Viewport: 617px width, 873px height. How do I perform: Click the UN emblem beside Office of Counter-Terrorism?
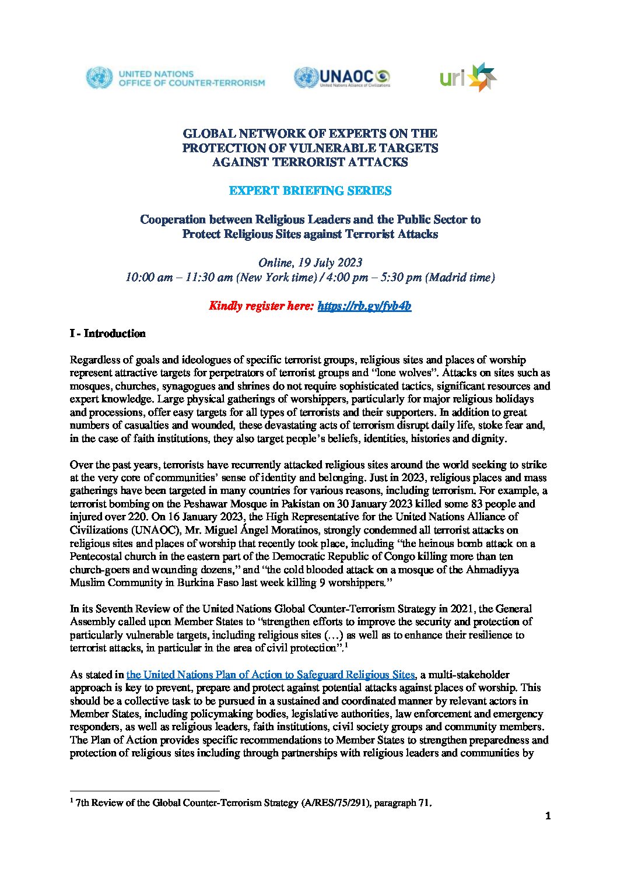(99, 78)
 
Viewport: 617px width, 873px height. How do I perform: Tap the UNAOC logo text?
(346, 76)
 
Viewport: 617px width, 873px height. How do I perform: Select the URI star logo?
(483, 78)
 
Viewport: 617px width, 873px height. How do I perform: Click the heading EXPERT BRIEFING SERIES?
(310, 191)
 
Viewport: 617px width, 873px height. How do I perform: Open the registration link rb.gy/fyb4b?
(364, 306)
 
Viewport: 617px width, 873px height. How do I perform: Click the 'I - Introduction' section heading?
(107, 334)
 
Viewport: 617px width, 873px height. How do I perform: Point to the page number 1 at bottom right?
(548, 816)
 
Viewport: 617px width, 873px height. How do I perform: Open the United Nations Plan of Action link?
(271, 675)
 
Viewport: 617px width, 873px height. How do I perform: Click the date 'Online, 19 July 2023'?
(310, 262)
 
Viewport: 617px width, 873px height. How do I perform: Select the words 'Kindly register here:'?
(261, 306)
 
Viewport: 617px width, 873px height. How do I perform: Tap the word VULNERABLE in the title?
(333, 148)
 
